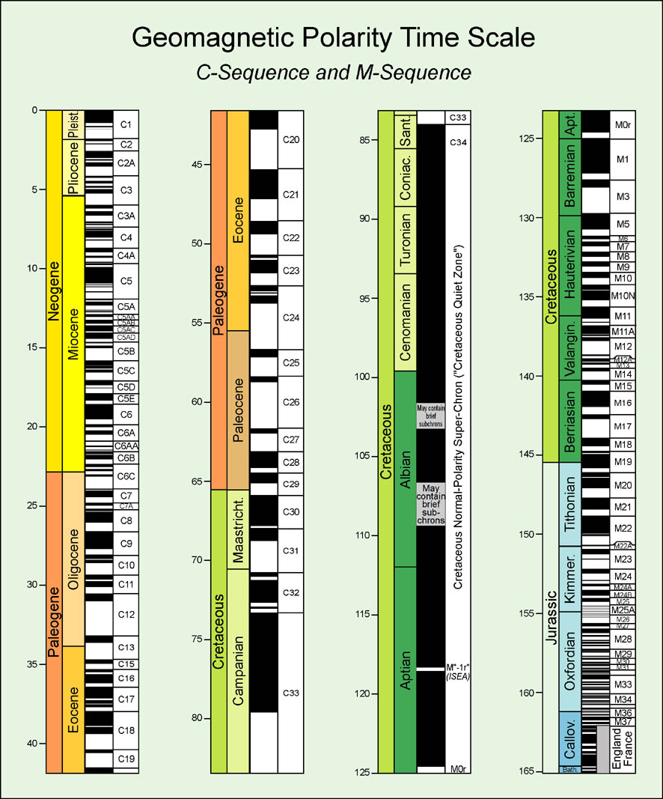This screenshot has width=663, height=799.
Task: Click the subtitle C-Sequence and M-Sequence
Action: click(332, 72)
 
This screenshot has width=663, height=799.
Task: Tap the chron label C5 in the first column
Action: click(126, 281)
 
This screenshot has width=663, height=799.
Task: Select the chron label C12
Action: click(126, 615)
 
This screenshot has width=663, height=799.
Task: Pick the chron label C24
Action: click(290, 318)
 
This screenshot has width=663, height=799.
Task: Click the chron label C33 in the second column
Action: click(290, 693)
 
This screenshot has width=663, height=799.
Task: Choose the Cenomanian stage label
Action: click(405, 322)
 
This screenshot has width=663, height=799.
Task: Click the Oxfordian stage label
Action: click(570, 661)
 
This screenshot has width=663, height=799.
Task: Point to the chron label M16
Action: click(623, 403)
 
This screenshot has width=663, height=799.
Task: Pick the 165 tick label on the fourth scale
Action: click(528, 771)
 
